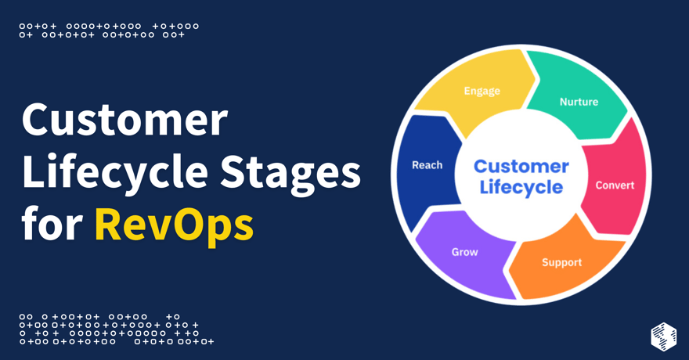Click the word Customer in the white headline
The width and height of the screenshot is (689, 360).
(124, 122)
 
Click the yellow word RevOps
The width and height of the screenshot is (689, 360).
(174, 225)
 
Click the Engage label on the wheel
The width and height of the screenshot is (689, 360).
(482, 91)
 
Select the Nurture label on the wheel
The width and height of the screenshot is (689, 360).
(579, 102)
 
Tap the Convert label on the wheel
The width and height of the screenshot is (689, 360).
(615, 185)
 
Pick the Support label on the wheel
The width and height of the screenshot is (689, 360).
(561, 262)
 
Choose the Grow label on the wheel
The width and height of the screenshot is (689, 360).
(464, 252)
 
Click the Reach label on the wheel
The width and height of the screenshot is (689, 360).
(427, 165)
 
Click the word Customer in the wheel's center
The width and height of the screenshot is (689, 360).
(521, 166)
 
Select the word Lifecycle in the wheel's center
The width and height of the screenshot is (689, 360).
(521, 187)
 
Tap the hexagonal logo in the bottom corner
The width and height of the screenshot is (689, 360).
(663, 336)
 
